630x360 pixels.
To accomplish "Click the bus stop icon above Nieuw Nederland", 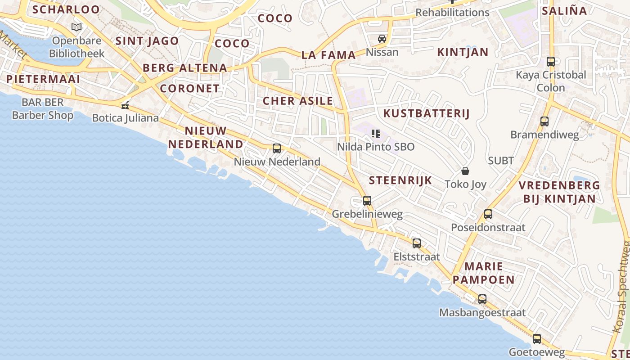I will point(277,148).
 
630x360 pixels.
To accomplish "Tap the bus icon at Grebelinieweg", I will point(367,200).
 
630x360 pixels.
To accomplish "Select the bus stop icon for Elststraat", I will point(417,243).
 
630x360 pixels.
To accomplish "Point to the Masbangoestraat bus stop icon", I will point(482,299).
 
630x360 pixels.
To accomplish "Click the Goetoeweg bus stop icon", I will point(536,339).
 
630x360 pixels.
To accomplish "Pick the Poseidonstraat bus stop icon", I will point(488,214).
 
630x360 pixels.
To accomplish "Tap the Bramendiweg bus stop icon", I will point(544,121).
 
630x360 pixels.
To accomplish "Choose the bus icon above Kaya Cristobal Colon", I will point(551,62).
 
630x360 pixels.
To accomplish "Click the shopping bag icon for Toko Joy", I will point(465,171).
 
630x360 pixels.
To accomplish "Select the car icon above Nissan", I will point(382,39).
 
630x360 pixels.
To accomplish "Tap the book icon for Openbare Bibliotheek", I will point(77,27).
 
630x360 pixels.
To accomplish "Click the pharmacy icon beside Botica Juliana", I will point(125,106).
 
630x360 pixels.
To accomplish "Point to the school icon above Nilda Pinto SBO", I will point(376,133).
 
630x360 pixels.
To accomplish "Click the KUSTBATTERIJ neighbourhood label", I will point(426,113).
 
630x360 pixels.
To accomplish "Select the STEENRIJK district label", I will point(400,180).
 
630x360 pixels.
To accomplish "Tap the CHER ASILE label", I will point(298,101).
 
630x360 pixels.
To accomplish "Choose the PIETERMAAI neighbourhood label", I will point(43,79).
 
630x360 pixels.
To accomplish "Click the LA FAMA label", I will point(328,55).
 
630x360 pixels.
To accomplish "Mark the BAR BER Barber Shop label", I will point(42,109).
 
